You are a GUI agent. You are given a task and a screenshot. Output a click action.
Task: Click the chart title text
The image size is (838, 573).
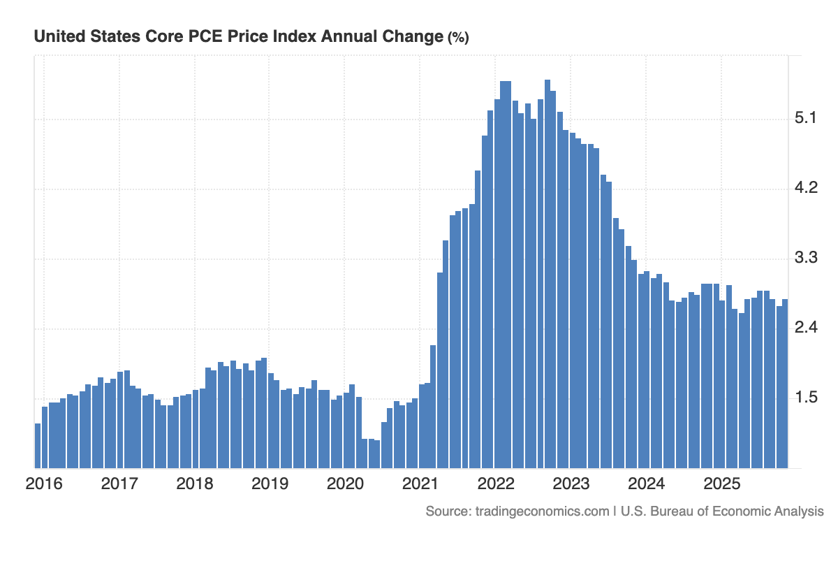238,37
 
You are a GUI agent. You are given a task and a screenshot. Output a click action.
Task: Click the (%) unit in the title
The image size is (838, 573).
457,38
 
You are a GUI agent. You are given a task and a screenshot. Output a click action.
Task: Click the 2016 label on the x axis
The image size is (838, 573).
44,484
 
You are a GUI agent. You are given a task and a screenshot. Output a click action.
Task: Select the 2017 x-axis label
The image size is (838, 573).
119,484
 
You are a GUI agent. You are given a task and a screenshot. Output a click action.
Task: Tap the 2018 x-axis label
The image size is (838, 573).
195,484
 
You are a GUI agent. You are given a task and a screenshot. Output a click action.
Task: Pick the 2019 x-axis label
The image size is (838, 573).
270,484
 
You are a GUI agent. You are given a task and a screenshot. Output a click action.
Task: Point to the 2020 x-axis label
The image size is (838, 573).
346,484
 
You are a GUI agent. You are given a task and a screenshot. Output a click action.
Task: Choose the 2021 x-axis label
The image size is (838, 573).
421,484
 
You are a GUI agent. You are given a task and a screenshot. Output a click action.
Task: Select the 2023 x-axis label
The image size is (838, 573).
571,484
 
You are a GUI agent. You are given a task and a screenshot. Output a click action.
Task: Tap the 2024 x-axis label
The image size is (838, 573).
647,484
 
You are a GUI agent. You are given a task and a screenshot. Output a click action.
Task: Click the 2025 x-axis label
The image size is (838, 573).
722,484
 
